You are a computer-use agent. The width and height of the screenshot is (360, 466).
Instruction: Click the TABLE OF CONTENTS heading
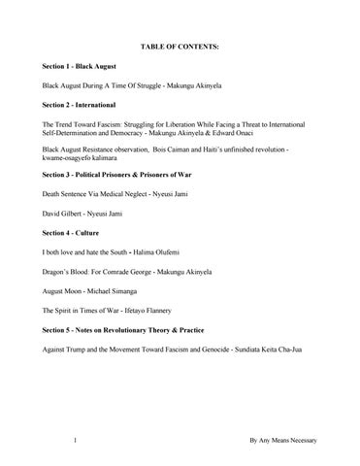180,47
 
